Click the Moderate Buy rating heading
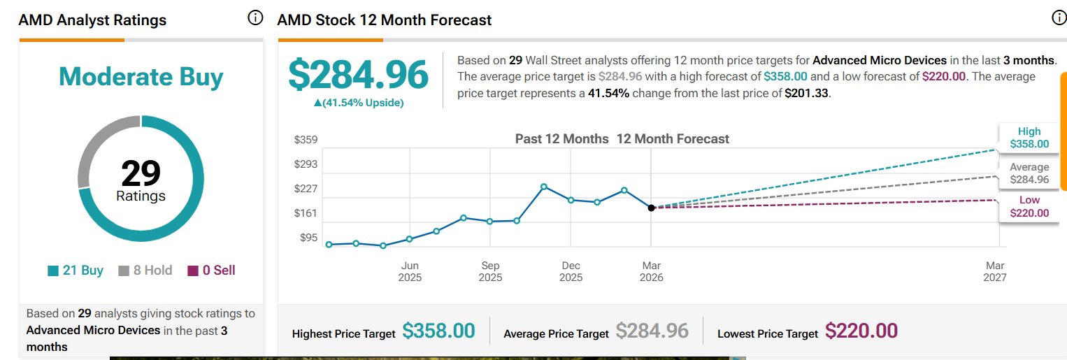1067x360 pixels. tap(141, 77)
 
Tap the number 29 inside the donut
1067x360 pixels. tap(141, 173)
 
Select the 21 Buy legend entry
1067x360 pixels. tap(76, 271)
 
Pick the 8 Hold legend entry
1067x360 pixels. tap(145, 271)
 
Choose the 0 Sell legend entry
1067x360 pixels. tap(212, 271)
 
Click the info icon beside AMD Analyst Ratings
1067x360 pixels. tap(255, 18)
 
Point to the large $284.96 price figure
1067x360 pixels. tap(358, 75)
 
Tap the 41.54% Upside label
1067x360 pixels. tap(359, 103)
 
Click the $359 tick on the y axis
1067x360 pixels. tap(306, 140)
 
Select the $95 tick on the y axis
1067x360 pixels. tap(308, 238)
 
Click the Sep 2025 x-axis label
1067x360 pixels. tap(490, 271)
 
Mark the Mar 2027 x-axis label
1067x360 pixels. tap(994, 271)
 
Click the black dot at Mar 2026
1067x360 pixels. tap(651, 208)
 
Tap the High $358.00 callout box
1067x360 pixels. tap(1029, 138)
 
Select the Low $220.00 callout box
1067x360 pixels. tap(1029, 207)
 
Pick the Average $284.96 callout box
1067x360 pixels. tap(1029, 173)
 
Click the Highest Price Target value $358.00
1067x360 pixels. tap(438, 331)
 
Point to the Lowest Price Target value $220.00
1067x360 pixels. tap(861, 331)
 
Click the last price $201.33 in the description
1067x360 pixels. tap(807, 93)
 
